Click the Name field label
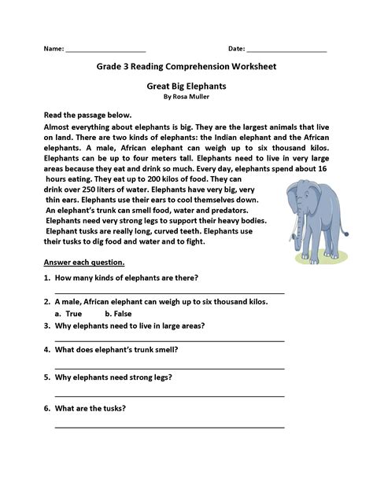[53, 49]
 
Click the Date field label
[236, 49]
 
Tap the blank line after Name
[105, 51]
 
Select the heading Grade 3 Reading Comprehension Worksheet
[186, 67]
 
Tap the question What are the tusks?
[90, 408]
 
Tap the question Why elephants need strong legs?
[114, 377]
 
